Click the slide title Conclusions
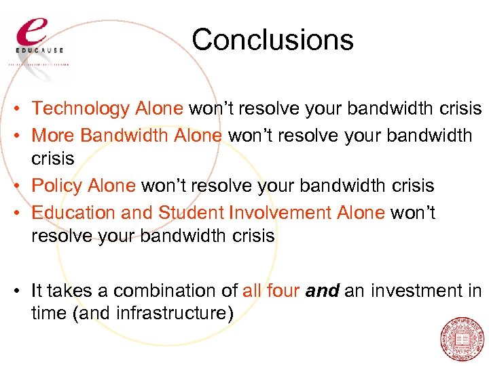pos(272,39)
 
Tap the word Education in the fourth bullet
pos(74,212)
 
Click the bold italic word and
pos(323,291)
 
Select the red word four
pos(284,291)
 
